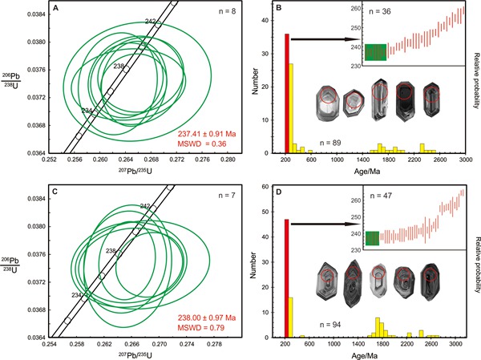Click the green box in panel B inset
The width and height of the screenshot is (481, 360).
click(x=375, y=52)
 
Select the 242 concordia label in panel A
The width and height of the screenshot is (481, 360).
click(x=151, y=21)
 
